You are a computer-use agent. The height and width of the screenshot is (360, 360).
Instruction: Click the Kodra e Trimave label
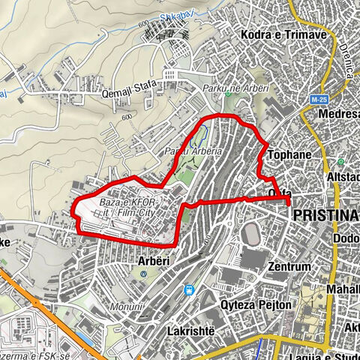[282, 34]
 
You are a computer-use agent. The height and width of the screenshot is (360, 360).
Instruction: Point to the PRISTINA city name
[323, 215]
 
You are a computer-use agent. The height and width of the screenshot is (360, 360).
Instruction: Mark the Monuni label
[126, 307]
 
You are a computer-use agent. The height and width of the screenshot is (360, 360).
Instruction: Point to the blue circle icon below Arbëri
[143, 274]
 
